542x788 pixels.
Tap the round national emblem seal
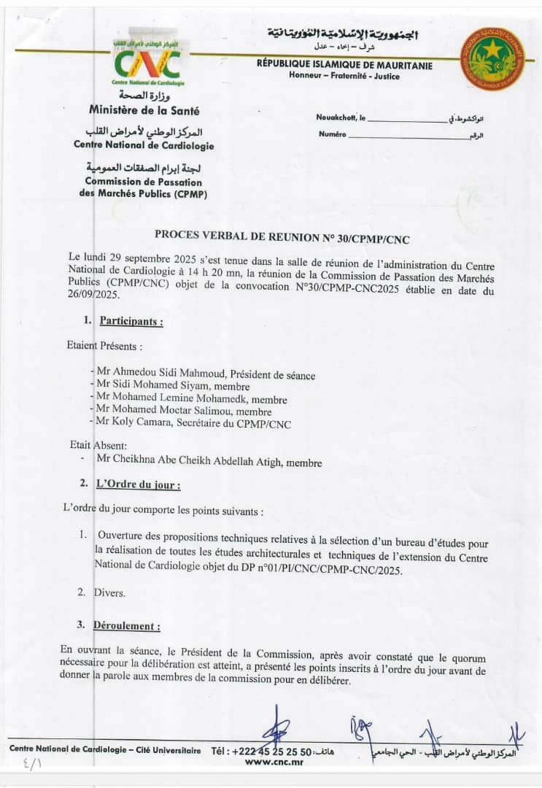pyautogui.click(x=493, y=59)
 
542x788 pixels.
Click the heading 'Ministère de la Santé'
pyautogui.click(x=144, y=111)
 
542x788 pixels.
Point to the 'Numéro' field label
pyautogui.click(x=332, y=135)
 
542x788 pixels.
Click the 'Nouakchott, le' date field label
pyautogui.click(x=341, y=117)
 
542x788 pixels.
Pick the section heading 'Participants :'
pyautogui.click(x=131, y=321)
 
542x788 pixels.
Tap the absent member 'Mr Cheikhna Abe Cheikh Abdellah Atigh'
pyautogui.click(x=209, y=462)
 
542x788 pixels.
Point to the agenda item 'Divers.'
pyautogui.click(x=109, y=592)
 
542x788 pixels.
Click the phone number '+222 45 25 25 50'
pyautogui.click(x=271, y=751)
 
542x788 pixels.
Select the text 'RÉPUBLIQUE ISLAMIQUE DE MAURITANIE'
pyautogui.click(x=344, y=66)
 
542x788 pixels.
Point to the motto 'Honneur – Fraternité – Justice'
pyautogui.click(x=344, y=76)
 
